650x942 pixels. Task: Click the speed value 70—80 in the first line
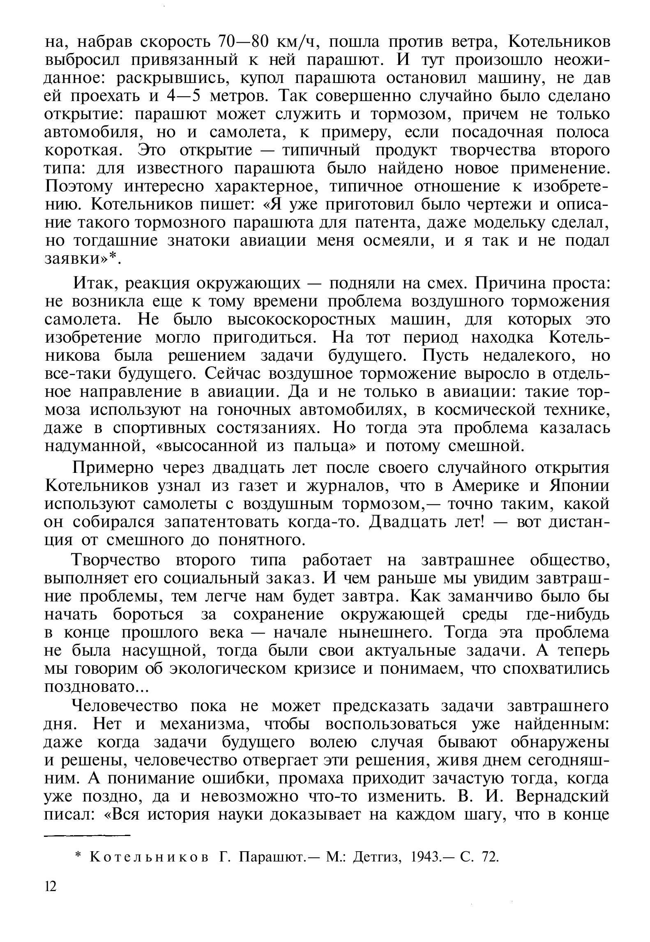(244, 42)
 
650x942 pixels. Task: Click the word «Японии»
(579, 486)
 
